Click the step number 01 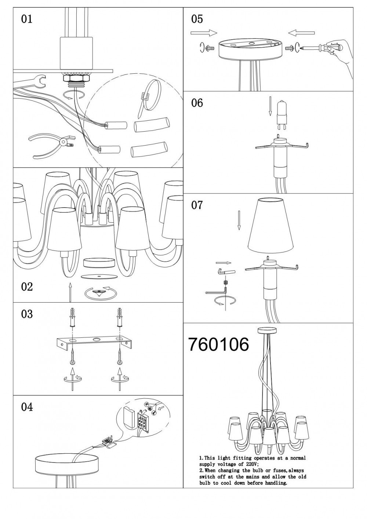(26, 19)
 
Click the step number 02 (27, 286)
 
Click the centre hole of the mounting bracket (96, 340)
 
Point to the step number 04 (27, 407)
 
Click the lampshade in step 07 (272, 226)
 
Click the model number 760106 (219, 344)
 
